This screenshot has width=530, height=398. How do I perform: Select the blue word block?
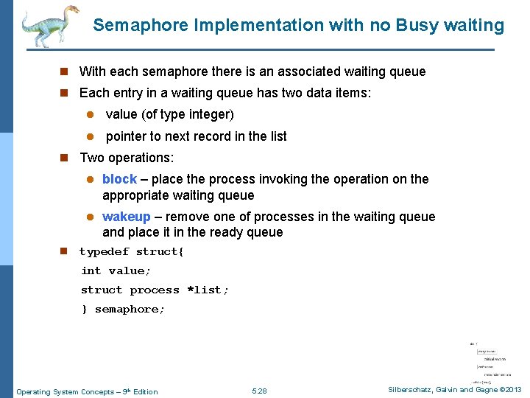click(x=119, y=179)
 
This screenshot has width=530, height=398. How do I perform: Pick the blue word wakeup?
click(x=126, y=217)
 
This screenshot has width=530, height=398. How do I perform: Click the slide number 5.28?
click(x=259, y=391)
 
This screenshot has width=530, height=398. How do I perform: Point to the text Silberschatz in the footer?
click(x=409, y=390)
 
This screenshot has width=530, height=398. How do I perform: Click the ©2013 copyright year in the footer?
click(x=509, y=390)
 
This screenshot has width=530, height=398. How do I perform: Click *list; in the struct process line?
click(x=208, y=290)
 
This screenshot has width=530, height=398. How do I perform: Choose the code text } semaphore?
click(x=123, y=310)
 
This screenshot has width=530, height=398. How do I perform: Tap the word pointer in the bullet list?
click(x=127, y=136)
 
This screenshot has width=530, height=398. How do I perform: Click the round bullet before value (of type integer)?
click(x=88, y=115)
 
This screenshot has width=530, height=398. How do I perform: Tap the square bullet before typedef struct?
click(x=64, y=252)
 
